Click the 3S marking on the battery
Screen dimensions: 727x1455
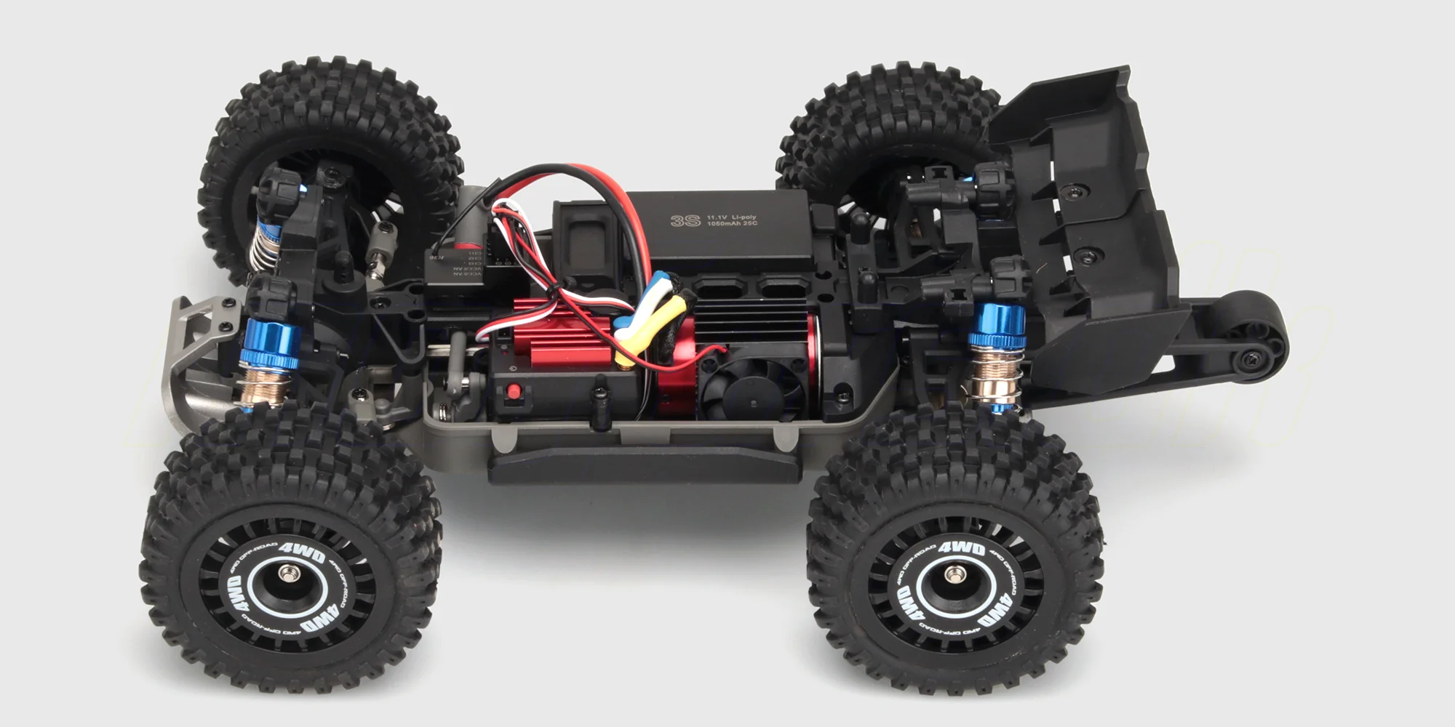pos(685,220)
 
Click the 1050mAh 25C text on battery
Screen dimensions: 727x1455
pos(732,223)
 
